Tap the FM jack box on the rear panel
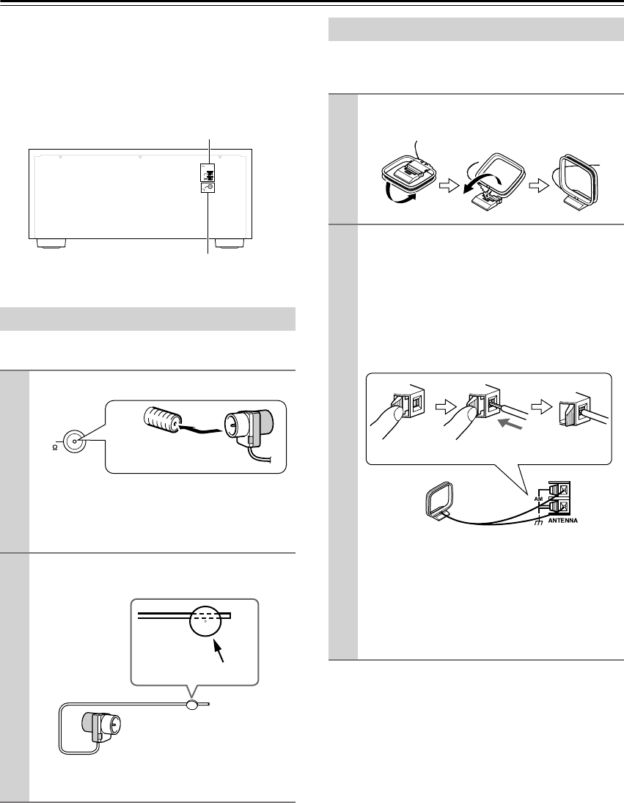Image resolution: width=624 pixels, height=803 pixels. pyautogui.click(x=209, y=188)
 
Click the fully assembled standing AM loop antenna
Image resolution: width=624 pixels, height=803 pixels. pyautogui.click(x=579, y=180)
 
